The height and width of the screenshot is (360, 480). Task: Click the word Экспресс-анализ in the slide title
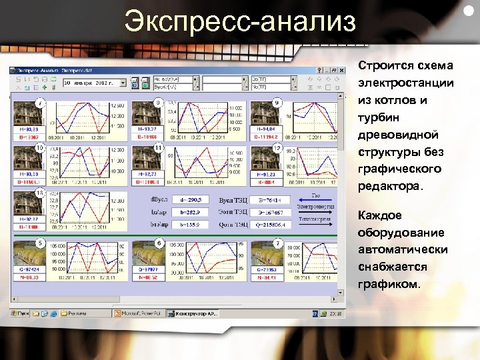(239, 23)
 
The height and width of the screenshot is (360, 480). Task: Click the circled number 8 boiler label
(158, 103)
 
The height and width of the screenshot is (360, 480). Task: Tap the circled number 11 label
(158, 147)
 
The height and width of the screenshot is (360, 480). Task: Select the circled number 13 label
(40, 192)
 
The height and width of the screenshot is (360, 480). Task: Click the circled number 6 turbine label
(158, 243)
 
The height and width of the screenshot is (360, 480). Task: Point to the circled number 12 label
(277, 147)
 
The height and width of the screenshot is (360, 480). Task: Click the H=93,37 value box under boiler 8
(147, 129)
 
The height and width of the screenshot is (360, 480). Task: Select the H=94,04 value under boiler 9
(265, 129)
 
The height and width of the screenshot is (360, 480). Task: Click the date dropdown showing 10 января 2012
(94, 83)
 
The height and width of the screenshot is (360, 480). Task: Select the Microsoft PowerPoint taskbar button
(139, 312)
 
